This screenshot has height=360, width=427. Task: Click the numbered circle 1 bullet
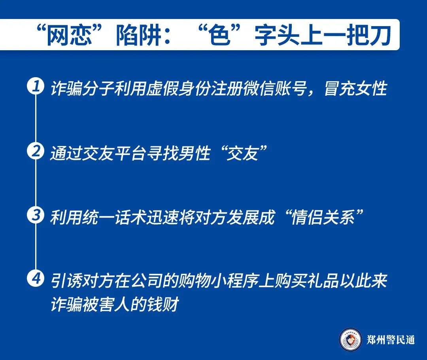coord(36,87)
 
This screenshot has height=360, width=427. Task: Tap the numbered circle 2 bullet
coord(36,151)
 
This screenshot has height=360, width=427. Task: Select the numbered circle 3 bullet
coord(36,215)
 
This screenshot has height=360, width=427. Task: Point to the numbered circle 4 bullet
coord(36,279)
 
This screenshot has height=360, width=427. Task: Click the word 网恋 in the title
coord(69,36)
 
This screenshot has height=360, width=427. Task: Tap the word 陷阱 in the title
coord(140,36)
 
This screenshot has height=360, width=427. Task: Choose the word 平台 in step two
coord(130,153)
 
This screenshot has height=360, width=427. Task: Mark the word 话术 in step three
coord(130,217)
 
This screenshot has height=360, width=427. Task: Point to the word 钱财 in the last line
coord(163,304)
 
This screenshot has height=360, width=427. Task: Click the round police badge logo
coord(351,339)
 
